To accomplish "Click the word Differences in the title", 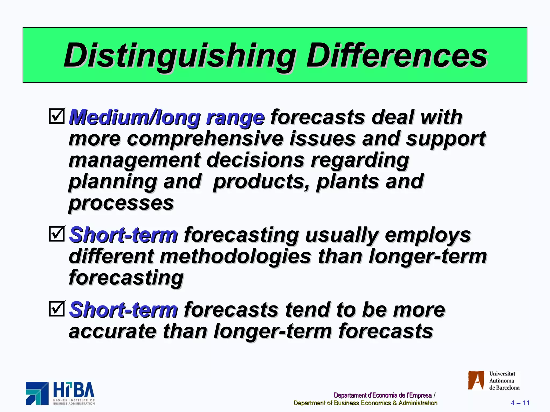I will pos(397,56).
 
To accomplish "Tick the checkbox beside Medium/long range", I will pos(57,116).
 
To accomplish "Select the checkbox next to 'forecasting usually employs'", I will pos(57,234).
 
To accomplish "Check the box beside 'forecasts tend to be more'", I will pos(57,309).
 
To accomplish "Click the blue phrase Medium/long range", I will pos(167,117).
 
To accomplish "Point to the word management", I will pos(135,160).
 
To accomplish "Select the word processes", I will pos(121,203).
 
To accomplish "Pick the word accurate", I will pos(113,331).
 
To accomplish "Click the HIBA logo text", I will pos(74,390).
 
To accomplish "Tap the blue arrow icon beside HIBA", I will pos(37,393).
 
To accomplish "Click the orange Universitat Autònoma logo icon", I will pos(476,380).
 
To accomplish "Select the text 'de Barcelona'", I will pos(504,388).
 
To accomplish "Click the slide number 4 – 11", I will pos(520,403).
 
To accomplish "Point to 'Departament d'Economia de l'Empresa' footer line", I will pos(382,395).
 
